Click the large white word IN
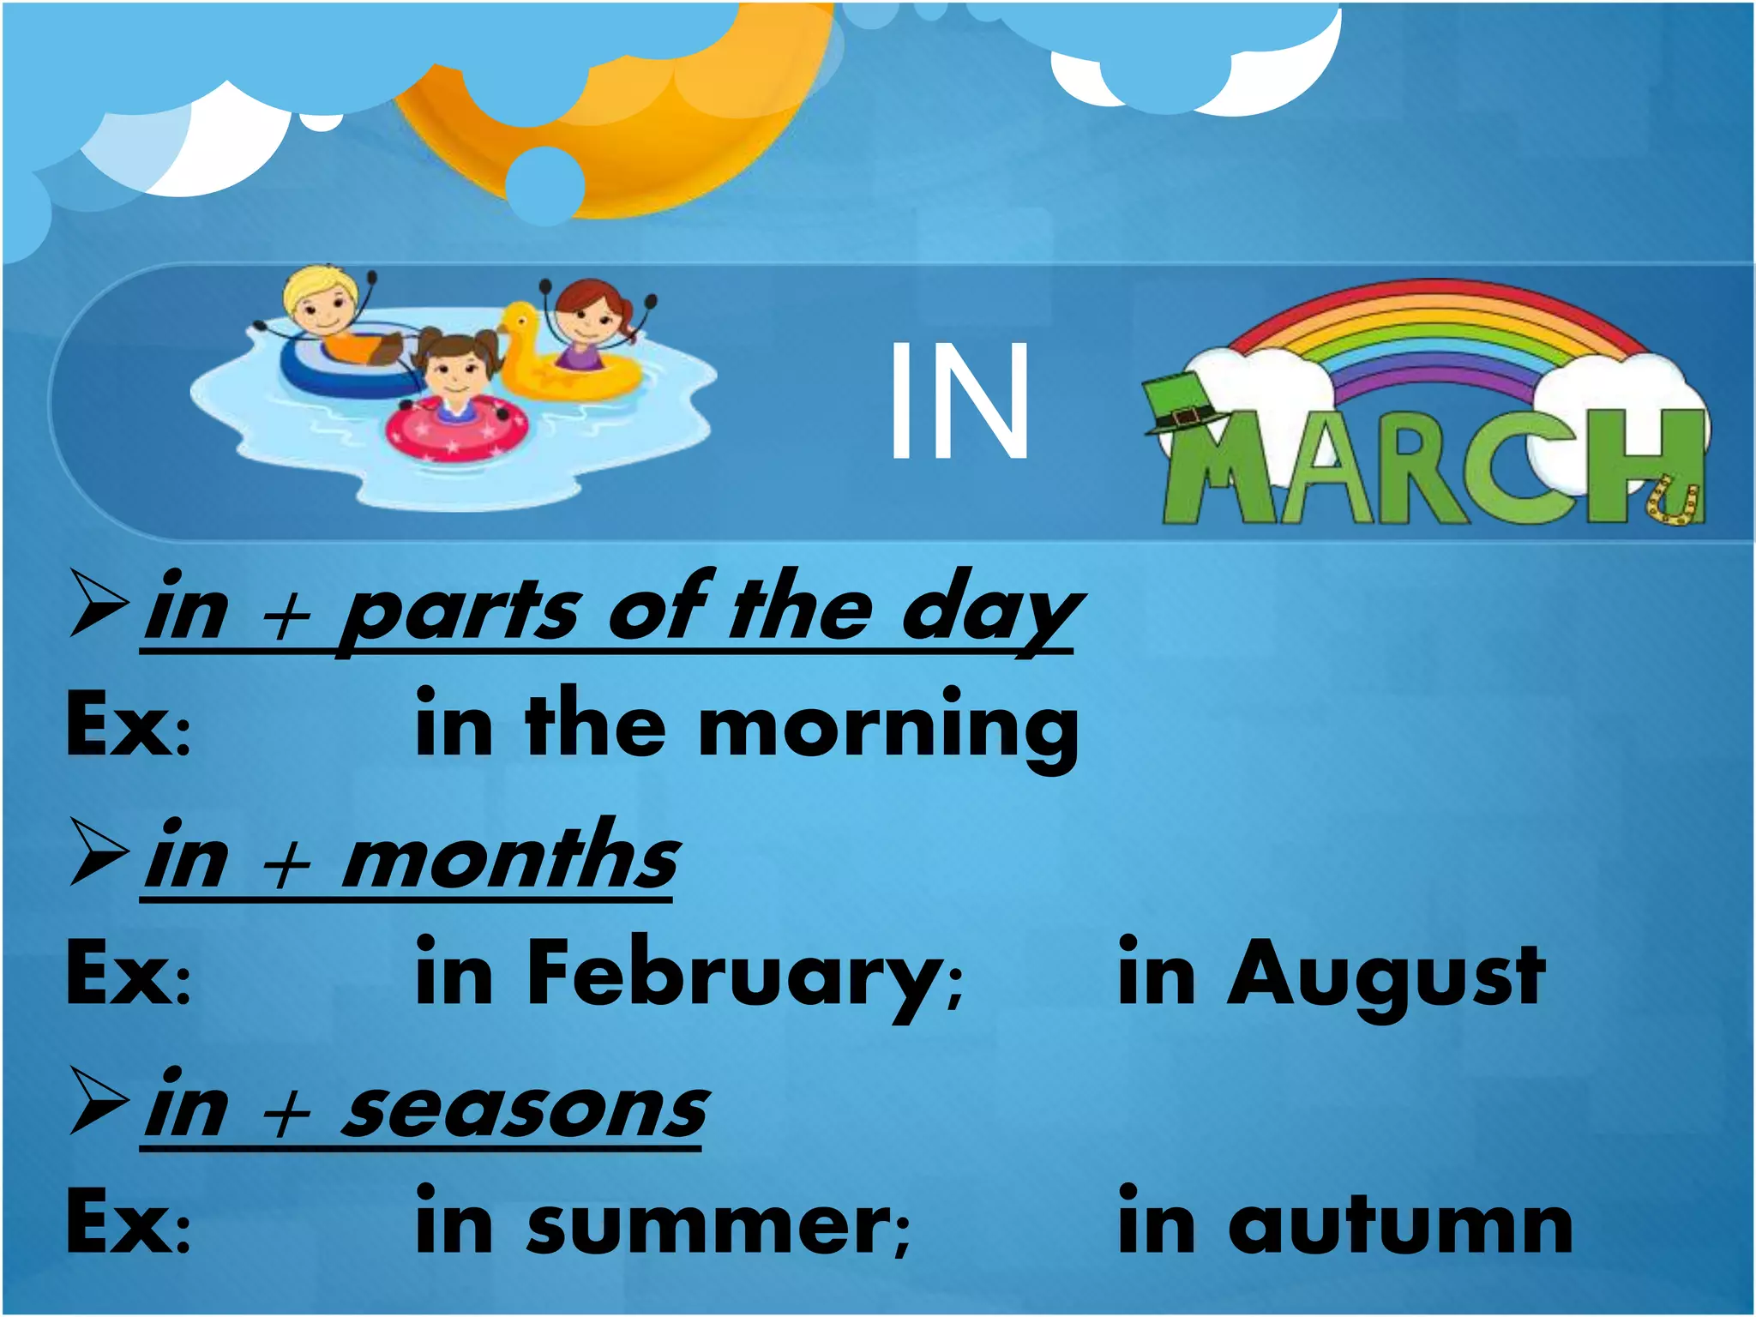[959, 400]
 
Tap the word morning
[888, 729]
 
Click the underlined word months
[510, 857]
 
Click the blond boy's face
[324, 304]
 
